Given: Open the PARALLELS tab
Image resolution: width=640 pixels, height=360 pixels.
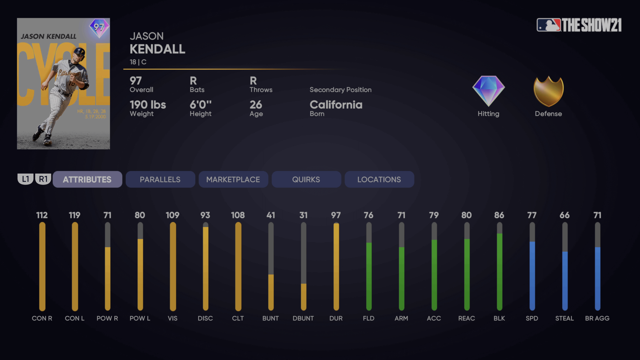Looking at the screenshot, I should click(160, 179).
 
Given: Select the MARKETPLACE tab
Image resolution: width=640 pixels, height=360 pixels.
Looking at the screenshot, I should click(233, 179).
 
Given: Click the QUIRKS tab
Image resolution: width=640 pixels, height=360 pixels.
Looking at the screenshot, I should click(306, 179).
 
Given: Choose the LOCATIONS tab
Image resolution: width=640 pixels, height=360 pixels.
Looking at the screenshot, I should click(379, 179).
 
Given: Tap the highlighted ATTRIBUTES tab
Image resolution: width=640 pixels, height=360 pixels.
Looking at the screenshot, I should click(87, 179).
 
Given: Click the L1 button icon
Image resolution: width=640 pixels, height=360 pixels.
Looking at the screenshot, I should click(25, 179).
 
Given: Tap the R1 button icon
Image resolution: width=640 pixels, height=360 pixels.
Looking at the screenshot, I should click(43, 179).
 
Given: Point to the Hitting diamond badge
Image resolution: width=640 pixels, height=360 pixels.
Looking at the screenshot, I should click(488, 91).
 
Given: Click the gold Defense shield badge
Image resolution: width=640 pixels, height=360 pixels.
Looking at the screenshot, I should click(548, 91).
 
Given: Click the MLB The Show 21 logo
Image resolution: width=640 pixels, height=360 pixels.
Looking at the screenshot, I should click(579, 25).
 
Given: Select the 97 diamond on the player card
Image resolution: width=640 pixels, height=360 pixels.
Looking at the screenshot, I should click(99, 27).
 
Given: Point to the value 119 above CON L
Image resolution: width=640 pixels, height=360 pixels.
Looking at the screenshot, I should click(74, 215).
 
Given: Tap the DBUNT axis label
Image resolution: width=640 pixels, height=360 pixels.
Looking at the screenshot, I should click(303, 318).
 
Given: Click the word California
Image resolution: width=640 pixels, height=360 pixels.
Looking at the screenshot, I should click(336, 105).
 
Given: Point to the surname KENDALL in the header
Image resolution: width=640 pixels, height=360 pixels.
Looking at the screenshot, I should click(157, 49).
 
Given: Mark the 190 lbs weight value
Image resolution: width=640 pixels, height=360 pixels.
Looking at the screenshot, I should click(147, 105).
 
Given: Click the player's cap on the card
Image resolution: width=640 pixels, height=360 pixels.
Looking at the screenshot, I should click(79, 52).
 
